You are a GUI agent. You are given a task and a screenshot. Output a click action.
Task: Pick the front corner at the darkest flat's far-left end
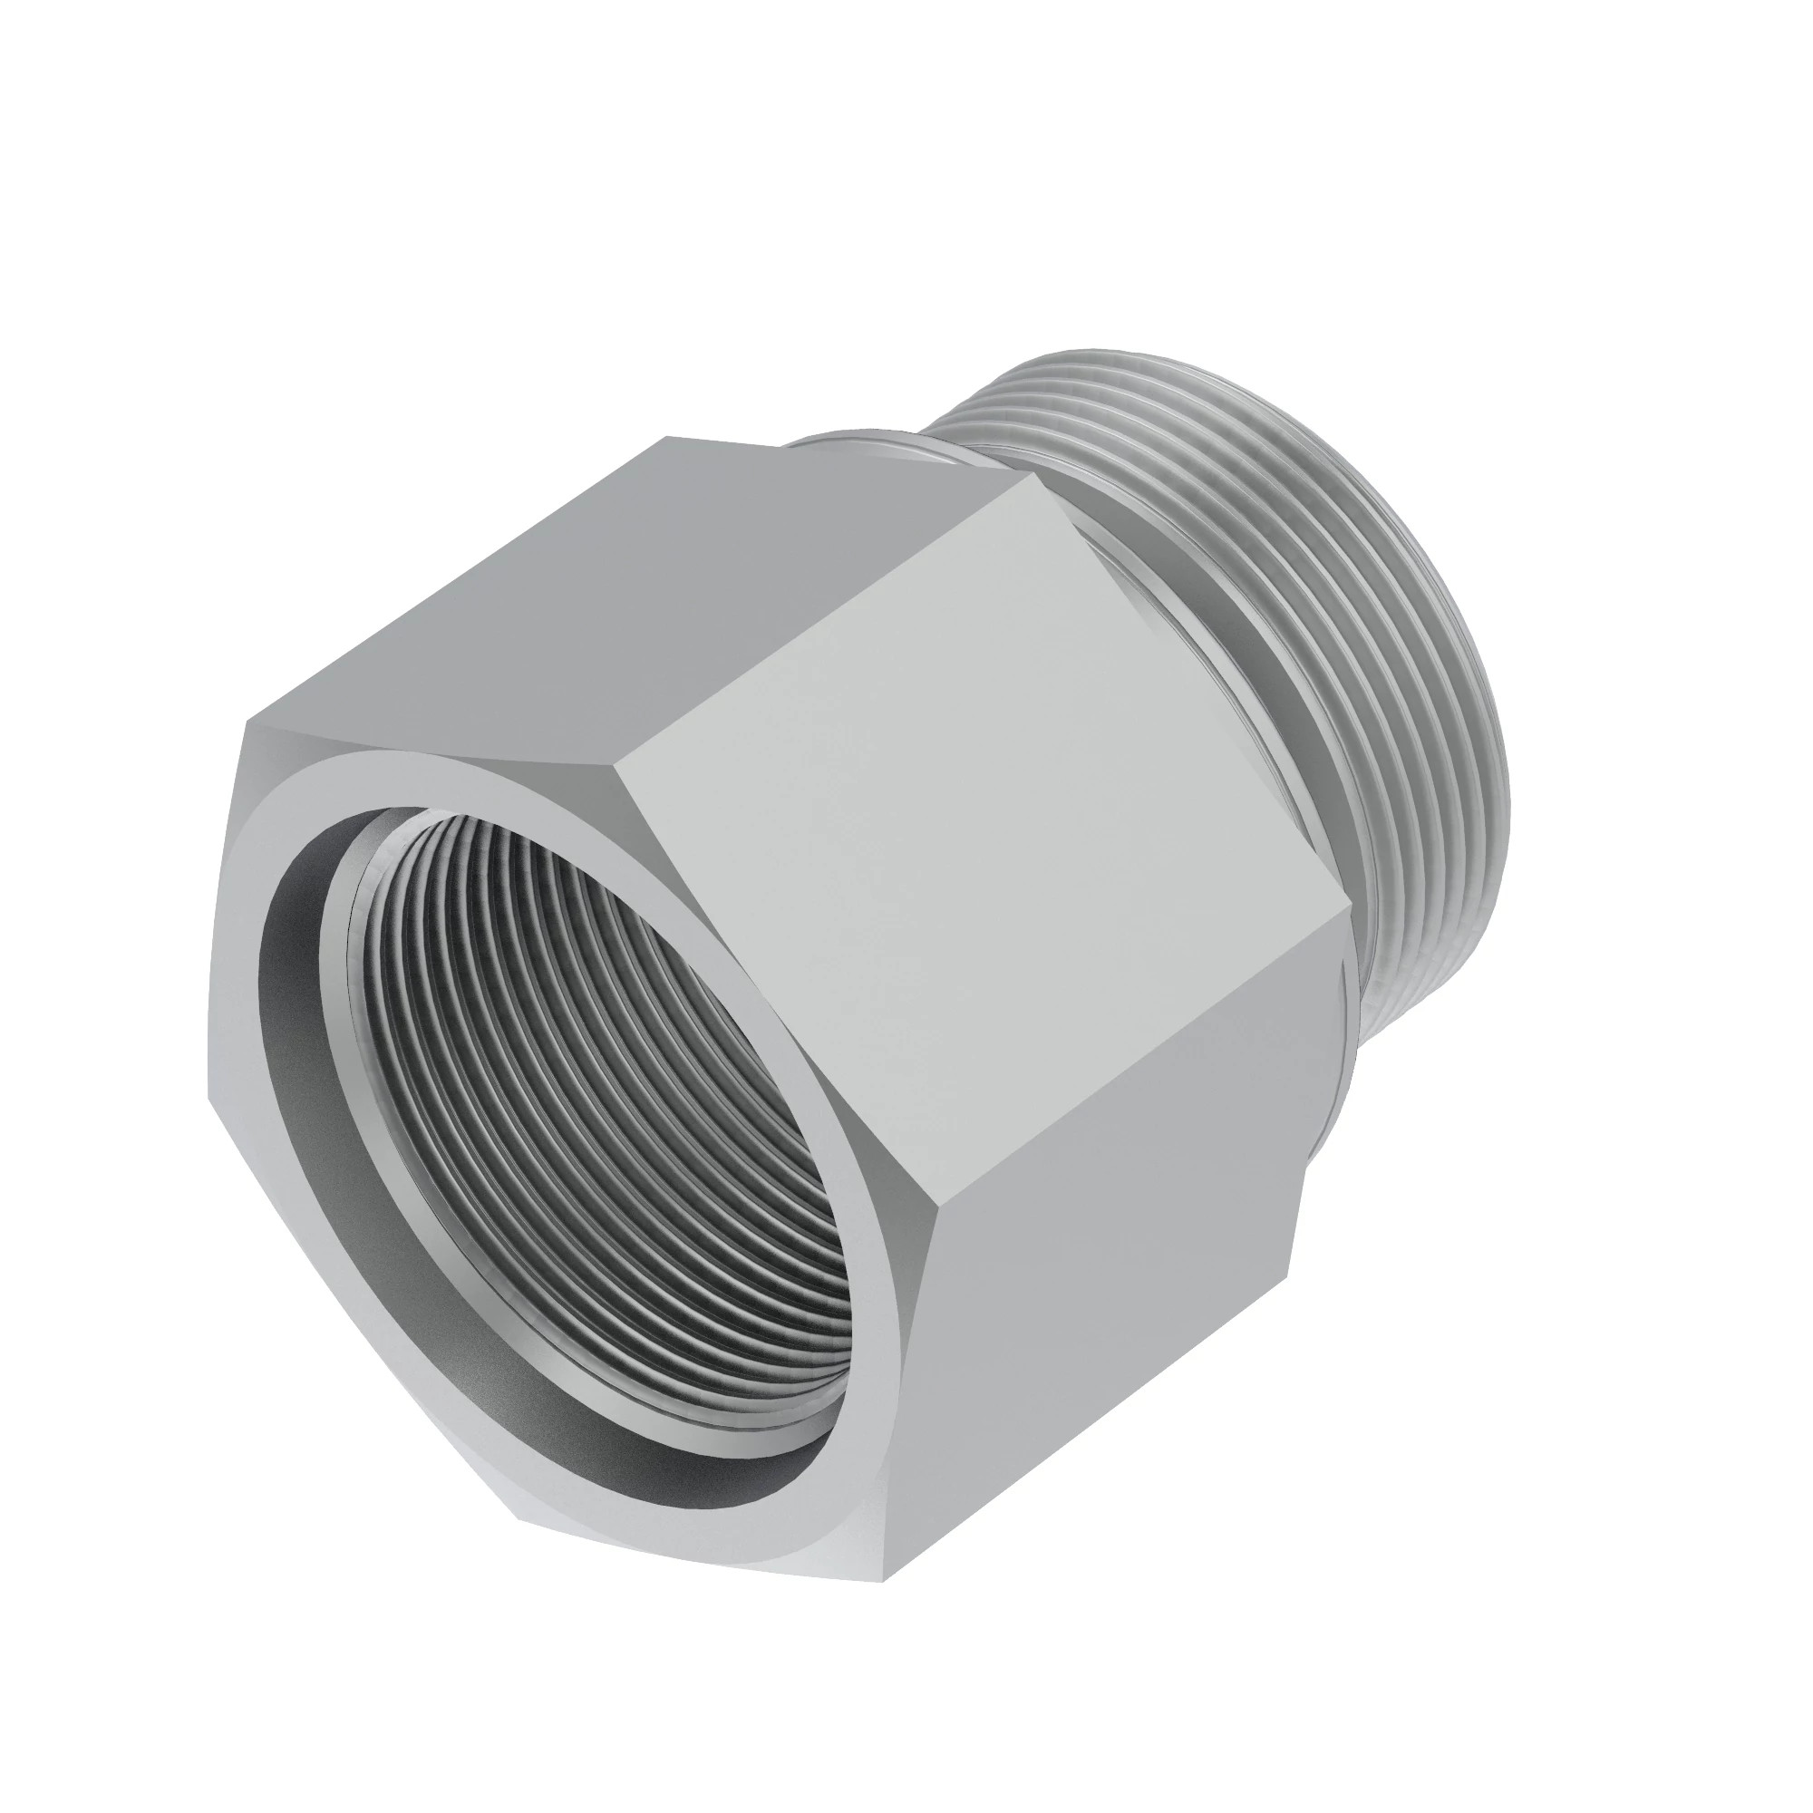[246, 722]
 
